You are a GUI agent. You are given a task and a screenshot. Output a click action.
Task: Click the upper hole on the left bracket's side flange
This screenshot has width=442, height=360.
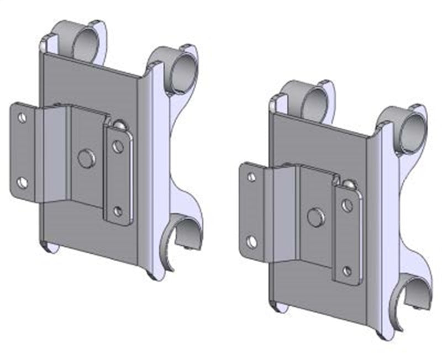coord(22,118)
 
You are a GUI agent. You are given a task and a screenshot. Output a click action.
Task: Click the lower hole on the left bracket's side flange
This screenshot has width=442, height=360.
coord(22,182)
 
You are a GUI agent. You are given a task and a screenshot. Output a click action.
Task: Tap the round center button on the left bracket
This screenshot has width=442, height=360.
coord(87,158)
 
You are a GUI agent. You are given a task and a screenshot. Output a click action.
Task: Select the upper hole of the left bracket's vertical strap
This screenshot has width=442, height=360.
coord(118,146)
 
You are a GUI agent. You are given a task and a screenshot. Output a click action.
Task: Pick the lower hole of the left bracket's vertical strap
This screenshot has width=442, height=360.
coord(118,210)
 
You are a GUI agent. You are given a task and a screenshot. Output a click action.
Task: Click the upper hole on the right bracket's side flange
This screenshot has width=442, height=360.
coord(251,177)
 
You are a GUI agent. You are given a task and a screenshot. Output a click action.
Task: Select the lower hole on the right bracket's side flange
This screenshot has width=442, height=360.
coord(252,241)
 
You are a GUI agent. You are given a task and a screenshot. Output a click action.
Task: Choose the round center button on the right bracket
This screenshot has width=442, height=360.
coord(316,218)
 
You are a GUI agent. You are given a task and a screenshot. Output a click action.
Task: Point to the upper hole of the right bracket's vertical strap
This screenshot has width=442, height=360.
coord(347,205)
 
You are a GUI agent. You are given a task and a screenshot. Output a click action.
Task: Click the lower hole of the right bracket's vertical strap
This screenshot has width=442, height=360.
coord(347,271)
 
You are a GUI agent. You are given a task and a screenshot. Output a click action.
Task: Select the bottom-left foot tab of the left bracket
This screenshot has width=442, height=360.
coord(50,247)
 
